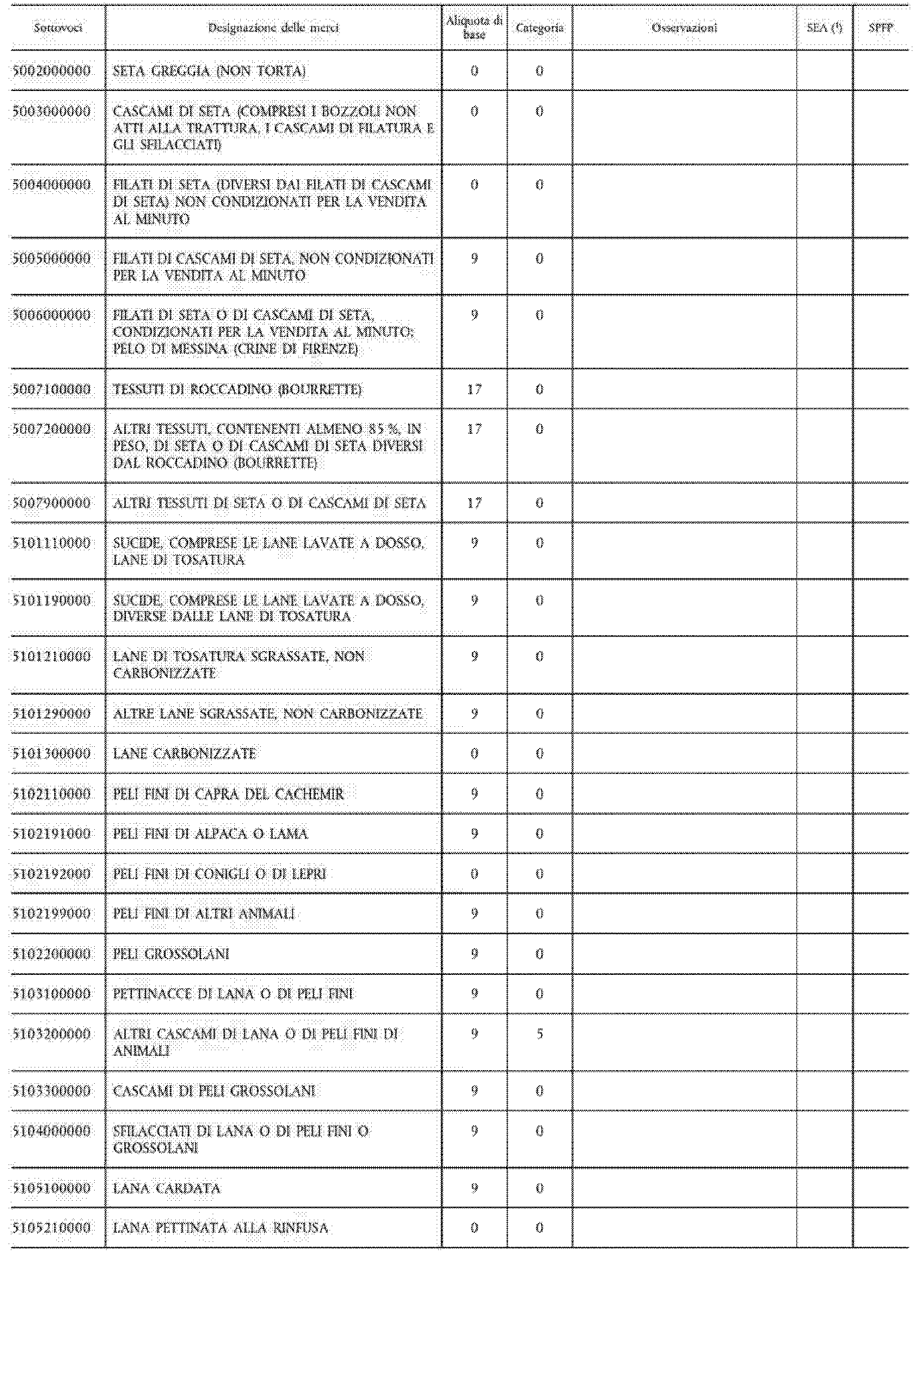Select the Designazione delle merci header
click(x=273, y=28)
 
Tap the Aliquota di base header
click(x=474, y=28)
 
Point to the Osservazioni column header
click(x=685, y=28)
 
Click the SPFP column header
click(x=880, y=28)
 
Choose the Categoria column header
click(x=539, y=28)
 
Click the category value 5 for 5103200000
click(x=539, y=1034)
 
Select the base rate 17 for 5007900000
click(x=474, y=503)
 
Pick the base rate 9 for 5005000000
click(x=474, y=258)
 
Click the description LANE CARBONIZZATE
click(x=185, y=753)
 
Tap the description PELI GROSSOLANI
click(x=171, y=953)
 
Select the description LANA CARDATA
click(x=167, y=1188)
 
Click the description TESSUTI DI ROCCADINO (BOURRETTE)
click(x=238, y=389)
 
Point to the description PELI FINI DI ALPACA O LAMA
click(x=210, y=834)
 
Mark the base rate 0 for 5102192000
click(x=474, y=874)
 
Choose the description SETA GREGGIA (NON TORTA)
click(x=209, y=71)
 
